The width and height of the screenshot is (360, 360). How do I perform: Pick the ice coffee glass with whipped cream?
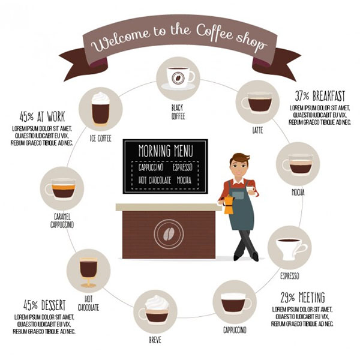[100, 108]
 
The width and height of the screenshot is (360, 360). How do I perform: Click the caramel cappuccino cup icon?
[62, 190]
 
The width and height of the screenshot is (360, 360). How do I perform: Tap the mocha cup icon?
[298, 164]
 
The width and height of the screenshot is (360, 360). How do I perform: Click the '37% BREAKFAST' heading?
[319, 96]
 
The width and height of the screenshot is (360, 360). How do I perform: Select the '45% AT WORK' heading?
[42, 116]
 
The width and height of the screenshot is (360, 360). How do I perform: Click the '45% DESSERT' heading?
[44, 304]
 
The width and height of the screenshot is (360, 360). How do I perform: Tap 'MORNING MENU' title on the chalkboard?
[165, 150]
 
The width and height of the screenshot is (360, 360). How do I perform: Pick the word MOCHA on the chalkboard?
[185, 180]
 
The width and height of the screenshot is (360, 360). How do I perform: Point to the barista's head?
[240, 164]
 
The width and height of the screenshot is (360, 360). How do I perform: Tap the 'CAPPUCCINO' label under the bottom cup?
[235, 329]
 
